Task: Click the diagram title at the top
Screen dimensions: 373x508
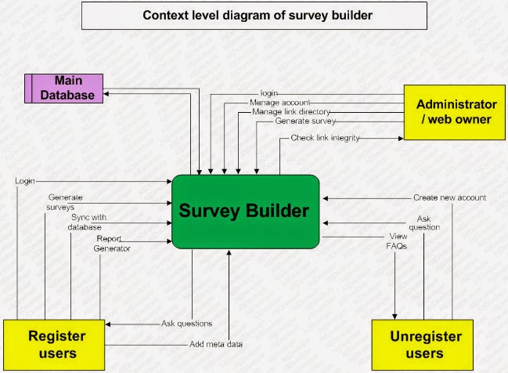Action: pyautogui.click(x=254, y=15)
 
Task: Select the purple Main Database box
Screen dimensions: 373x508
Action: pyautogui.click(x=63, y=88)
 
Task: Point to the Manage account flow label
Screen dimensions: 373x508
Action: pyautogui.click(x=279, y=103)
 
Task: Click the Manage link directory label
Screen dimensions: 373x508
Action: pyautogui.click(x=290, y=112)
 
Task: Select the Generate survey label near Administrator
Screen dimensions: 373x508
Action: pyautogui.click(x=305, y=121)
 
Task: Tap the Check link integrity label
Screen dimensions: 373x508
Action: pyautogui.click(x=325, y=138)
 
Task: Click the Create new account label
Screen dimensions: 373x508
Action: pyautogui.click(x=449, y=197)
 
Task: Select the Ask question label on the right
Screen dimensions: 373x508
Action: pyautogui.click(x=428, y=223)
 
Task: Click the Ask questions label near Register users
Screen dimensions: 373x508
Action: pyautogui.click(x=186, y=323)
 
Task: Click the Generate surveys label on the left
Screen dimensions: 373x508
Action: pyautogui.click(x=66, y=202)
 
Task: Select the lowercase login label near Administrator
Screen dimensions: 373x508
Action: pyautogui.click(x=268, y=93)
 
